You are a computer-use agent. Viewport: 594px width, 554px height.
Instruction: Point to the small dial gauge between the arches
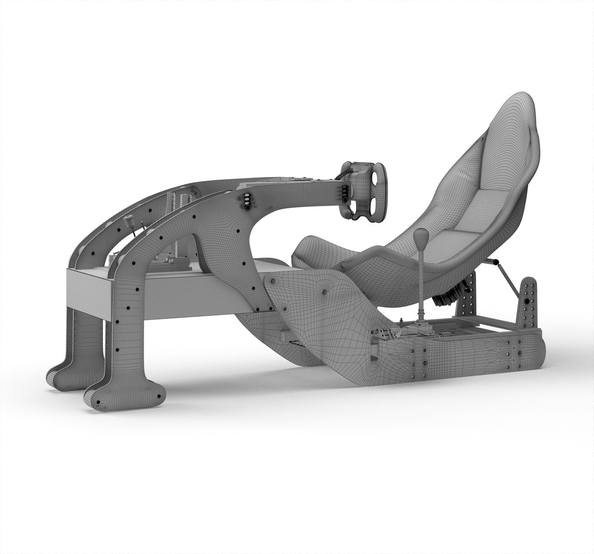tap(128, 224)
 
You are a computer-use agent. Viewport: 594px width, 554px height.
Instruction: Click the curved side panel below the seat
tap(328, 318)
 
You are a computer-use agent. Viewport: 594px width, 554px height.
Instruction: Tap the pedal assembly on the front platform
tap(174, 262)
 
